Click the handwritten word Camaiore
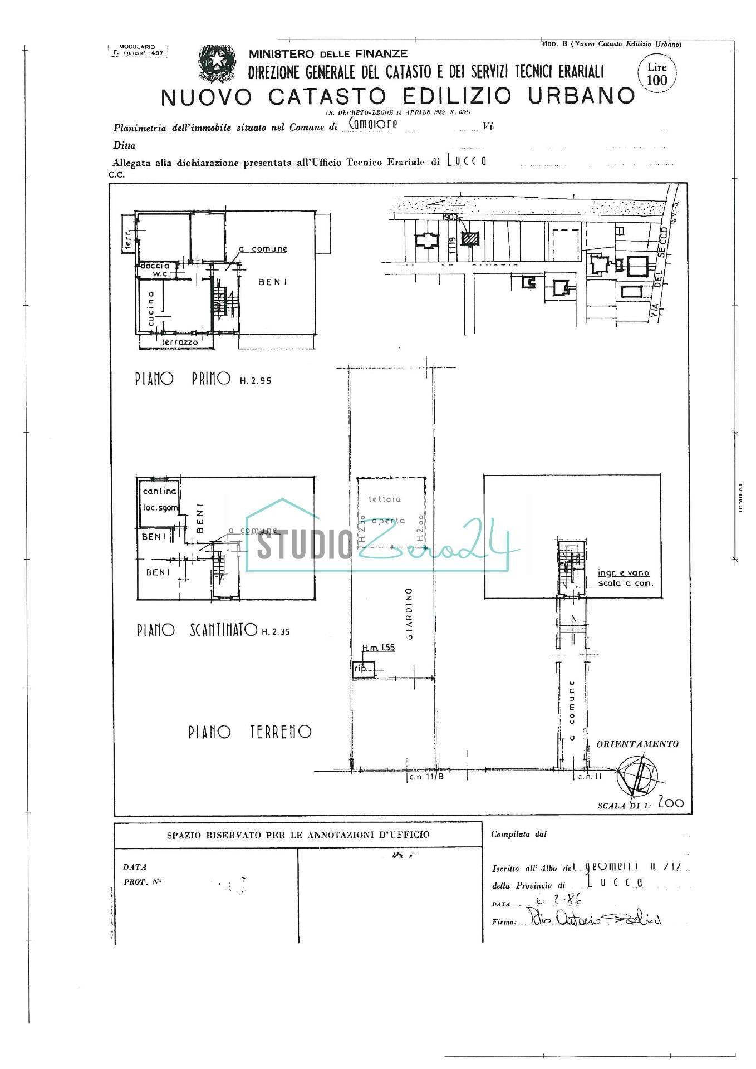(372, 124)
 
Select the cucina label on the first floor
(151, 308)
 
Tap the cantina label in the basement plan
(160, 491)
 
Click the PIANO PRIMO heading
(183, 379)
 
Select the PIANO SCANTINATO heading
(197, 630)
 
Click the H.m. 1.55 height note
(379, 648)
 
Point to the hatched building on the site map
(471, 238)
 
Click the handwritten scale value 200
(670, 803)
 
